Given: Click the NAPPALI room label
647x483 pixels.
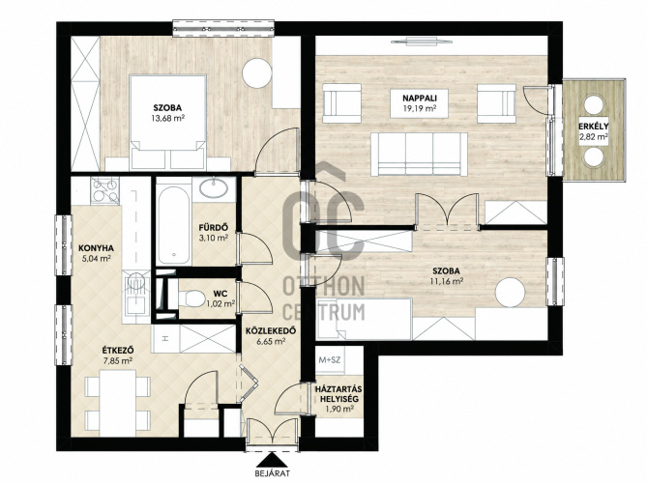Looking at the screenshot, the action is pyautogui.click(x=420, y=99).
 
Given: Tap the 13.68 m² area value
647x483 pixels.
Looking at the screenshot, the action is pyautogui.click(x=168, y=119).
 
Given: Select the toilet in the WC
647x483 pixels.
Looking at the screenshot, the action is pyautogui.click(x=191, y=298).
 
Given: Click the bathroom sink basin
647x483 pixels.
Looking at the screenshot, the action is pyautogui.click(x=214, y=188).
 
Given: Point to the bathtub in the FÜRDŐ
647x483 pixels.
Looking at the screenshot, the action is pyautogui.click(x=174, y=225).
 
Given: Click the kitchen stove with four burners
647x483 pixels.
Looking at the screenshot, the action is pyautogui.click(x=104, y=190).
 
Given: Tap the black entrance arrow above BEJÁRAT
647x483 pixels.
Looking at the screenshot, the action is pyautogui.click(x=272, y=460).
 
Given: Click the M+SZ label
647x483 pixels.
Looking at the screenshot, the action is pyautogui.click(x=330, y=359).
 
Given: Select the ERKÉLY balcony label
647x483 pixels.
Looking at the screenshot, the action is pyautogui.click(x=594, y=127).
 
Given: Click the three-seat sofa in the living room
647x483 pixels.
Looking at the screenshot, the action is pyautogui.click(x=419, y=155).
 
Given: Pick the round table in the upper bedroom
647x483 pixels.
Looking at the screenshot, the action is pyautogui.click(x=257, y=73).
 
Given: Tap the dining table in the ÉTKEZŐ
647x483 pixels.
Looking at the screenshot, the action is pyautogui.click(x=118, y=403).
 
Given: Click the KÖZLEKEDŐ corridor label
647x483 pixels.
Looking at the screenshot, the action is pyautogui.click(x=271, y=331).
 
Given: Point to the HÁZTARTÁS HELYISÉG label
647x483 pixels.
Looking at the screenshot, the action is pyautogui.click(x=338, y=394).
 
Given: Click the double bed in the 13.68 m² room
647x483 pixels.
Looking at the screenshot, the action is pyautogui.click(x=167, y=122).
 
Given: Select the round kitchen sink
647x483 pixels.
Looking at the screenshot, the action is pyautogui.click(x=135, y=282).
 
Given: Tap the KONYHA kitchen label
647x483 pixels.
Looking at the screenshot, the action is pyautogui.click(x=96, y=248).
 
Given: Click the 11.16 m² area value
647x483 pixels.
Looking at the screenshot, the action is pyautogui.click(x=446, y=281).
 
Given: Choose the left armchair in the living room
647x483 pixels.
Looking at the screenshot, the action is pyautogui.click(x=342, y=103).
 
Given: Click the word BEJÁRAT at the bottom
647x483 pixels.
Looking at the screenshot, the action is pyautogui.click(x=273, y=473).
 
